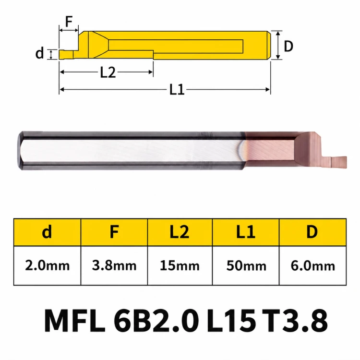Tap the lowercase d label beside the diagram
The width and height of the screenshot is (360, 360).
pos(39,53)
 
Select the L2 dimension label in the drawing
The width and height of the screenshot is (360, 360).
pos(108,72)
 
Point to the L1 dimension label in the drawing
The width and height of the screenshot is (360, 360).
pos(177,89)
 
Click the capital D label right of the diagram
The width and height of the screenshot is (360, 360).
pos(288,46)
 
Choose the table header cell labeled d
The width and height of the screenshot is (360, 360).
pos(48,232)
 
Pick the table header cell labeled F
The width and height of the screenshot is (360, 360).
pos(114,232)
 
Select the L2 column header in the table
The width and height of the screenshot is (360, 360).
pos(180,232)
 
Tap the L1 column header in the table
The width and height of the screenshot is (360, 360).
pos(246,232)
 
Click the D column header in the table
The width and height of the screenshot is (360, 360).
pos(312,232)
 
